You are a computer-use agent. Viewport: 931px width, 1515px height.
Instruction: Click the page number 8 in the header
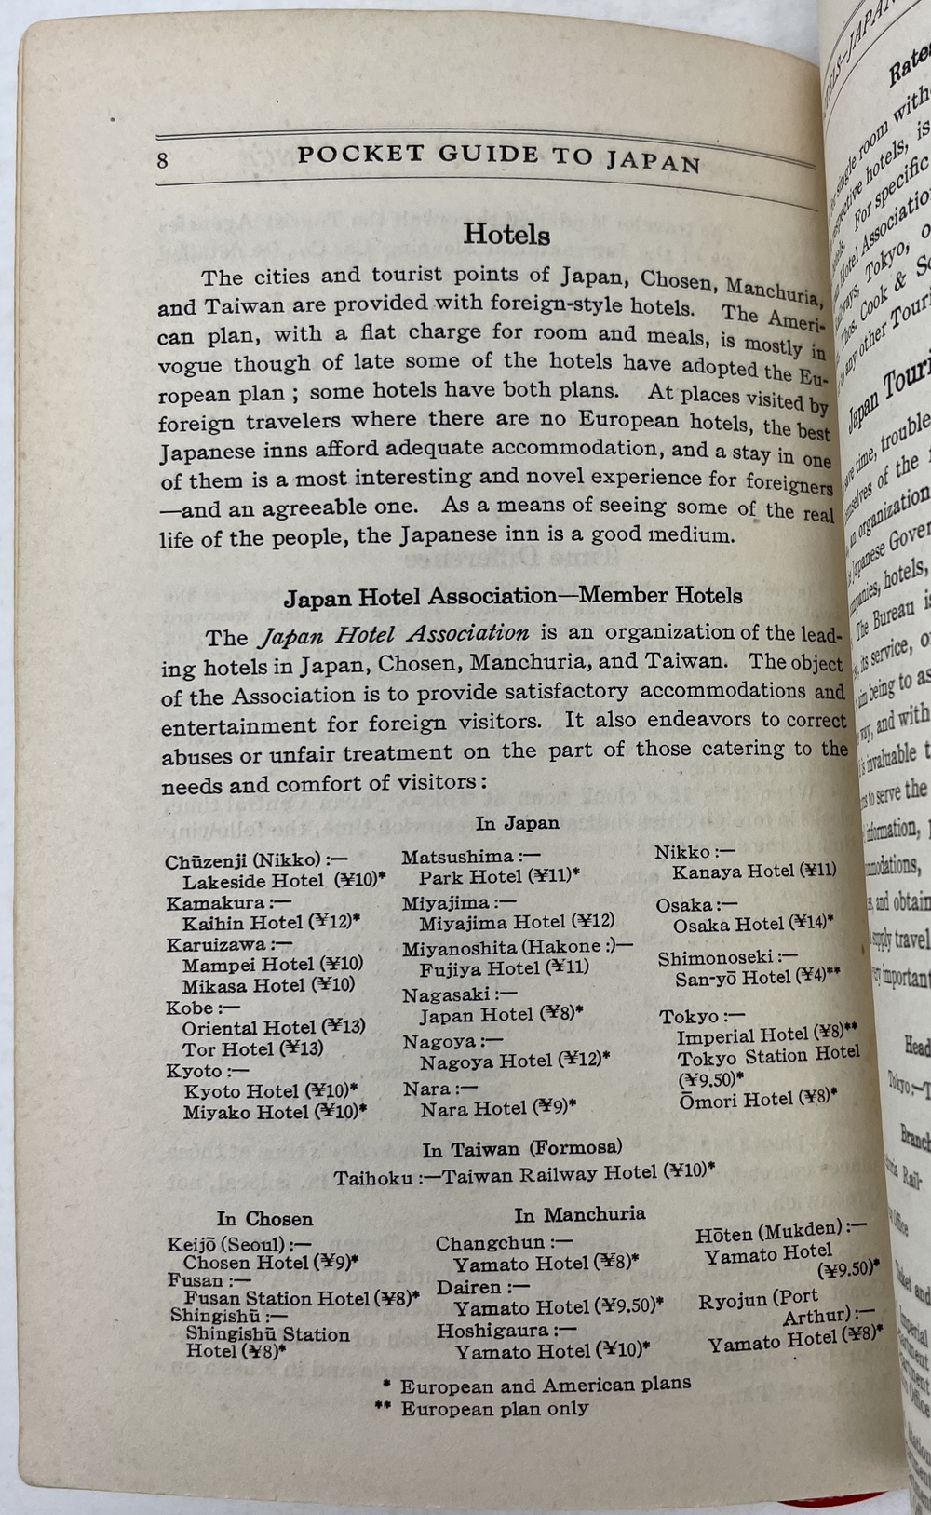[163, 159]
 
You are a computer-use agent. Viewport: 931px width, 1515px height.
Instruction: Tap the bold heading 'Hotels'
[506, 233]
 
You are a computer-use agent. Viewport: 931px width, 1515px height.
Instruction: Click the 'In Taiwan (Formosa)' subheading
[521, 1149]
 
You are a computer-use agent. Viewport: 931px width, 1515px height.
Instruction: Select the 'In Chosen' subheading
[264, 1219]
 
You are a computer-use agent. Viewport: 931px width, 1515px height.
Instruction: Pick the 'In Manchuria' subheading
[579, 1214]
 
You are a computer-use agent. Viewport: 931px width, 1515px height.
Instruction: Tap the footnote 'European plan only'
[494, 1408]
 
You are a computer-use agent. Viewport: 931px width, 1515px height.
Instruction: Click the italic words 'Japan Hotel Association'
[393, 635]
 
